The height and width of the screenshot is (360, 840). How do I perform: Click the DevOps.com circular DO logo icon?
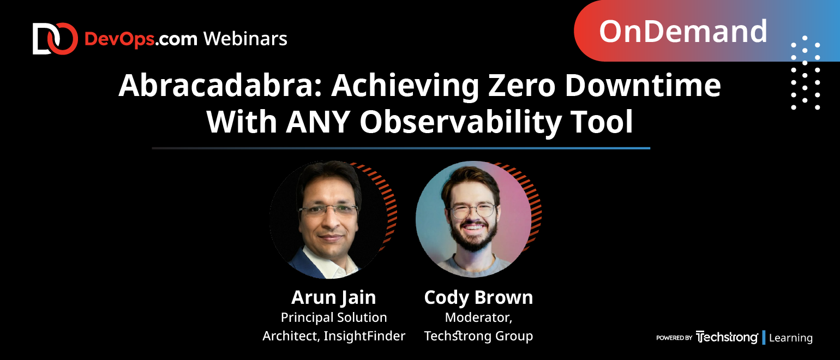[x=55, y=39]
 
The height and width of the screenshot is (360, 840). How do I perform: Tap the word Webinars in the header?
[x=245, y=39]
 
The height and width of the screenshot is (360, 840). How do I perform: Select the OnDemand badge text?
[x=683, y=31]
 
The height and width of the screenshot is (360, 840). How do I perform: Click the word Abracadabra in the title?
[x=220, y=86]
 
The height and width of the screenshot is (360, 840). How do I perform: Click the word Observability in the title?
[x=460, y=122]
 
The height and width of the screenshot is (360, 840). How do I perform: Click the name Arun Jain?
[x=333, y=297]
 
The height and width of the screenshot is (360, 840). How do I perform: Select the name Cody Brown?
[x=478, y=297]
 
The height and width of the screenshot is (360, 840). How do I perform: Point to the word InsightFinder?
[x=364, y=335]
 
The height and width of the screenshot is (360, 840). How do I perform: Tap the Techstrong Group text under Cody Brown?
[x=478, y=336]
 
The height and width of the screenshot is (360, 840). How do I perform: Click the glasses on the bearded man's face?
[x=473, y=211]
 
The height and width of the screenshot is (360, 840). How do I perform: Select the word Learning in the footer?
[x=790, y=338]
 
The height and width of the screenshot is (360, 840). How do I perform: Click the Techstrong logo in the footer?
[x=727, y=337]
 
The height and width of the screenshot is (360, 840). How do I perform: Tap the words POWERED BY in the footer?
[x=674, y=338]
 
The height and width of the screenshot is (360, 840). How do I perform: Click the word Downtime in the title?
[x=643, y=86]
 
